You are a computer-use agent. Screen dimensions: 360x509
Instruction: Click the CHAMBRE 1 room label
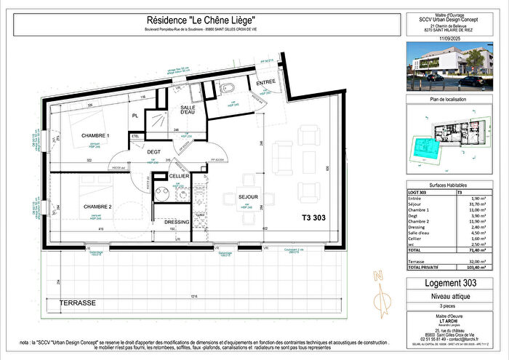click(95, 136)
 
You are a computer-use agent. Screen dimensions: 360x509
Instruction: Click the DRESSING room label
click(177, 222)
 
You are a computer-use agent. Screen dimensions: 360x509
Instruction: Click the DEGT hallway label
click(153, 151)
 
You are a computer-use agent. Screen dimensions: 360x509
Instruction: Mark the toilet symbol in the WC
click(228, 89)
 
